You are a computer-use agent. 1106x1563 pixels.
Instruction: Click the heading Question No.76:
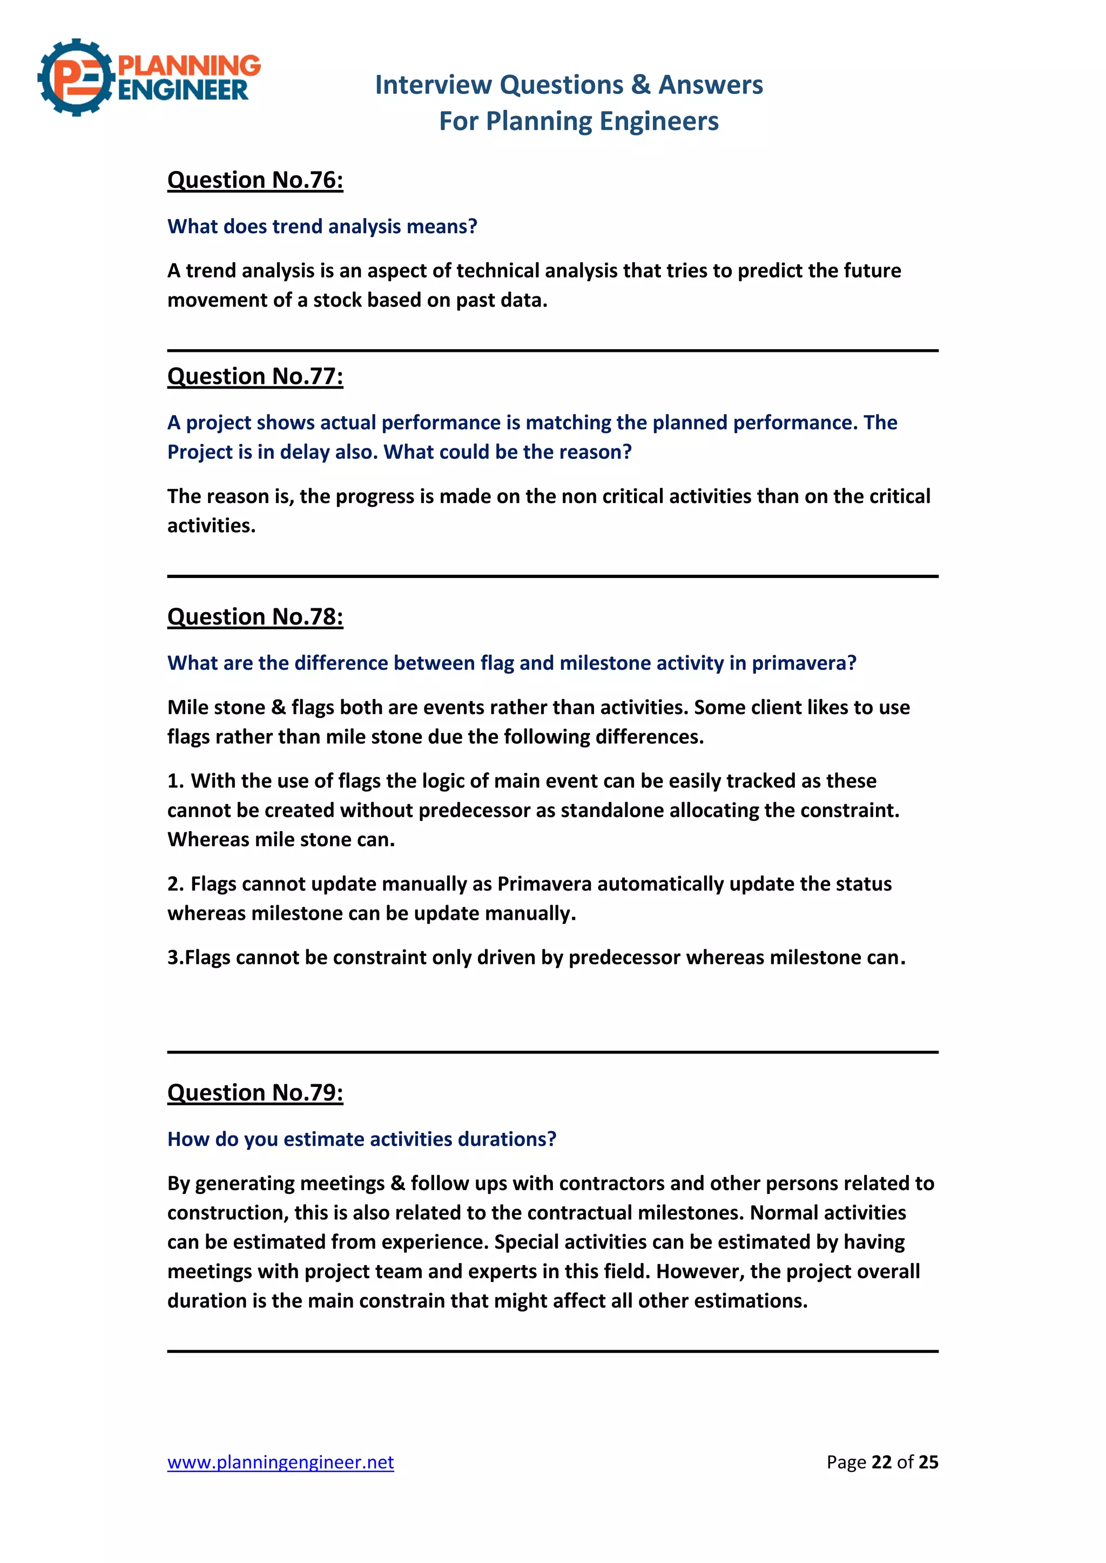[255, 180]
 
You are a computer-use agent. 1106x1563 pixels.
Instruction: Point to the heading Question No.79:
[255, 1092]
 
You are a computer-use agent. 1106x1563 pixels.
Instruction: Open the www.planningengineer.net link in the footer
[281, 1462]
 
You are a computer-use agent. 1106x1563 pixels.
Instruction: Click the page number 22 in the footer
[881, 1462]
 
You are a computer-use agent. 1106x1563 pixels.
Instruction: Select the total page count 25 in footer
[928, 1462]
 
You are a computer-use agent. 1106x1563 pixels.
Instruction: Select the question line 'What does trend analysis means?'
[322, 226]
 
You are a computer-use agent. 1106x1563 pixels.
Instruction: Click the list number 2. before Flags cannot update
[175, 884]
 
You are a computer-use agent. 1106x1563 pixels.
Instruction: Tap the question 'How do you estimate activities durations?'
[362, 1139]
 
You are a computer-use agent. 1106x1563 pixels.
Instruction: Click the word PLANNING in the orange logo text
[190, 65]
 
